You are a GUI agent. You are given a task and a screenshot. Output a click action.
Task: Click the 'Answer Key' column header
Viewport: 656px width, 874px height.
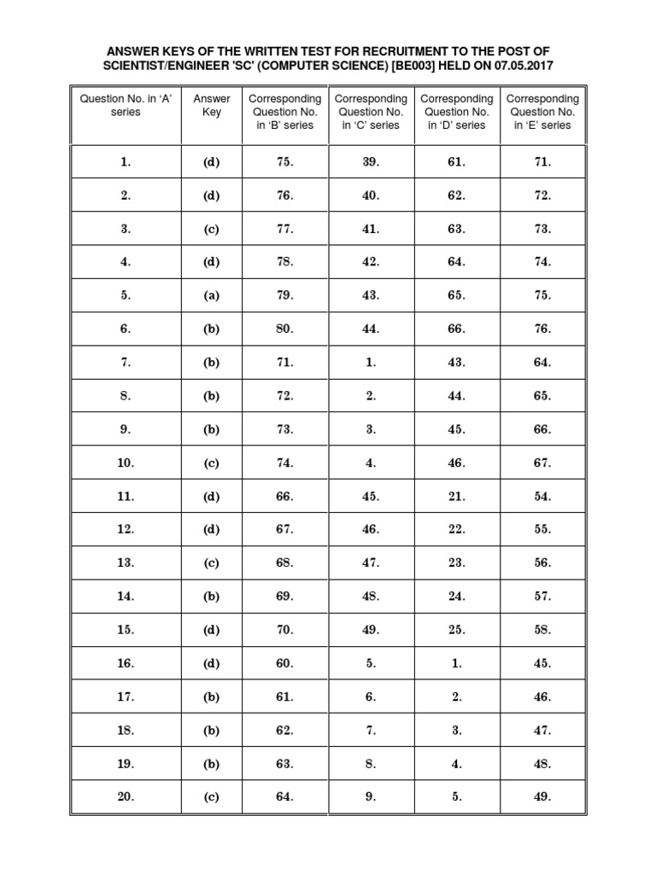point(211,105)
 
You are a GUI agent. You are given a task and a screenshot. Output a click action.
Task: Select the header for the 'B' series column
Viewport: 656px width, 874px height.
point(284,112)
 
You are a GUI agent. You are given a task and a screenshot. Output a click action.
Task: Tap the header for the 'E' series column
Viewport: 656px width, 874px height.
point(542,112)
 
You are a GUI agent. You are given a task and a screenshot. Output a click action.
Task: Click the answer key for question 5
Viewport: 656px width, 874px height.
point(211,295)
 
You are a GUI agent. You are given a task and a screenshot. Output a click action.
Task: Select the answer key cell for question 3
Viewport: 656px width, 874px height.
point(211,229)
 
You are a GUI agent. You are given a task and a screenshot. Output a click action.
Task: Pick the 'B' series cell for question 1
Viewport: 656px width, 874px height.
point(284,162)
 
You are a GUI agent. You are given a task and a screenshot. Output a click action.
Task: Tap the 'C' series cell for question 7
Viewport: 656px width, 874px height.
point(371,362)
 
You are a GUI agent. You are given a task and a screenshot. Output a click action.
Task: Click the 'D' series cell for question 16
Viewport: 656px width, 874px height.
point(457,663)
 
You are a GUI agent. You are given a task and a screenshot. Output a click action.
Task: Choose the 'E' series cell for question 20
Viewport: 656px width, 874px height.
point(542,797)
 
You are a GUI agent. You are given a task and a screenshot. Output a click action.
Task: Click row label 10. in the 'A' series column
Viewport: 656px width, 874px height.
point(126,463)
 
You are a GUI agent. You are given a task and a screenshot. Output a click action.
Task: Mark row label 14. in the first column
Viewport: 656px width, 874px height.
point(126,597)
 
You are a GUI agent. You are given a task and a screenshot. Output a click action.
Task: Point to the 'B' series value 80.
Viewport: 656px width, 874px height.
point(284,329)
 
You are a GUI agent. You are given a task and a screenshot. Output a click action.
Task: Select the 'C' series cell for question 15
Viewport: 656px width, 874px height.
point(371,630)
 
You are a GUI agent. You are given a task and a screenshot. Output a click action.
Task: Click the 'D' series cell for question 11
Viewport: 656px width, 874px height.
point(457,496)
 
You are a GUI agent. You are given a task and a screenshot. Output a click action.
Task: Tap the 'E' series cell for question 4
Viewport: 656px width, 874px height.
point(542,262)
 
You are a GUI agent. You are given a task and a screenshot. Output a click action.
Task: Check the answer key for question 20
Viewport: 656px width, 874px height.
point(211,797)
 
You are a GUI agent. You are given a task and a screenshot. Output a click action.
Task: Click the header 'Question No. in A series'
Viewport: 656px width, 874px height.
point(126,105)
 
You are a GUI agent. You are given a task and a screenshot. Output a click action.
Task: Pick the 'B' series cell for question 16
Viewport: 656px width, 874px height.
point(284,663)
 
